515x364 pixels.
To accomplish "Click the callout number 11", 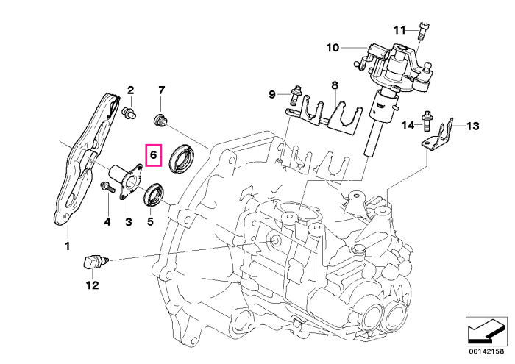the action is pos(399,30).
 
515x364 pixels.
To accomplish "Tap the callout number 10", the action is pos(333,48).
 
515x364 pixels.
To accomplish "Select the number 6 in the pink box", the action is pos(153,154).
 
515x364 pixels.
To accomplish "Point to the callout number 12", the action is pos(93,285).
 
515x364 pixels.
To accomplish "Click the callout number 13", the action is pos(472,126).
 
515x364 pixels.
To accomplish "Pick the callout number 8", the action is pos(334,85).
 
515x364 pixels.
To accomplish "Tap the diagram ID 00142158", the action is pos(486,351).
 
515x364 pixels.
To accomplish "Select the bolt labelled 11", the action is pos(424,31).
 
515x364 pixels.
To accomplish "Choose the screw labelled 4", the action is pos(107,187).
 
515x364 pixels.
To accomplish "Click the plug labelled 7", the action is pos(160,120).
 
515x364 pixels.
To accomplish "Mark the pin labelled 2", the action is pos(129,113).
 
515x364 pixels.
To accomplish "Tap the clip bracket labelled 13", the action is pos(438,136).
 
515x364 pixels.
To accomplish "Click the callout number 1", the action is pos(68,246).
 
